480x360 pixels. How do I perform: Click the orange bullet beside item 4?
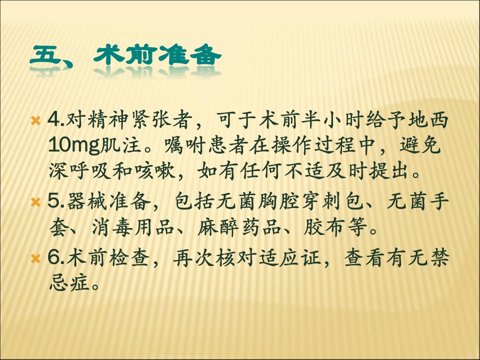coord(36,120)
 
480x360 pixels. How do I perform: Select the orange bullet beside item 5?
coord(36,202)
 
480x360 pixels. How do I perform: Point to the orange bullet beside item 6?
coord(36,259)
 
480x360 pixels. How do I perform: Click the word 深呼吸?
coord(79,171)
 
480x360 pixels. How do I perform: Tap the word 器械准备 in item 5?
coord(108,201)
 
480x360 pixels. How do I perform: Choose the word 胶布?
coord(324,228)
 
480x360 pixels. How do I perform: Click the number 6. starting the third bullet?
coord(56,258)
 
